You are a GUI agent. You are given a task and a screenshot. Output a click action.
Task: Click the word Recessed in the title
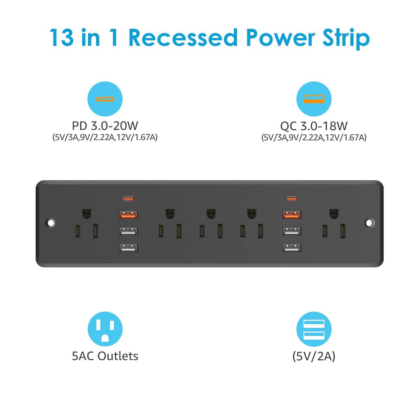click(x=183, y=38)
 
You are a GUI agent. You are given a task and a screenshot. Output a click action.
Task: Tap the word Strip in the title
click(x=346, y=39)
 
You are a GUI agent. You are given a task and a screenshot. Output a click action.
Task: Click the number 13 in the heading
click(x=61, y=38)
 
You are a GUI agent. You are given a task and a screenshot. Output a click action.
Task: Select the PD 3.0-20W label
click(x=105, y=126)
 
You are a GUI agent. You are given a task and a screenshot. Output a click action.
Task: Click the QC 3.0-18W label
click(x=314, y=126)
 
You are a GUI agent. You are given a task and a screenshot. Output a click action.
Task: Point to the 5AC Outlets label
click(x=105, y=356)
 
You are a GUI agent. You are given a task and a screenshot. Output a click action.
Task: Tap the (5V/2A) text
click(x=314, y=356)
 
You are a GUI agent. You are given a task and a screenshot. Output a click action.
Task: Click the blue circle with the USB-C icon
click(x=105, y=99)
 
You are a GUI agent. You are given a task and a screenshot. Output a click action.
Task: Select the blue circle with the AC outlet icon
click(x=105, y=329)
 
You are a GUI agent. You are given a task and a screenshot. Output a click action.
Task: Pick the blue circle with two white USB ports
click(x=314, y=329)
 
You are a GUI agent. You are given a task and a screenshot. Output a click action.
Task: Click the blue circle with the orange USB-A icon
click(x=314, y=99)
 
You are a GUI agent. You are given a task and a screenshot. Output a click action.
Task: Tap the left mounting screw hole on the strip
click(x=50, y=223)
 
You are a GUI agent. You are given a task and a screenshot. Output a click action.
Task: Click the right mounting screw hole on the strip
click(x=369, y=223)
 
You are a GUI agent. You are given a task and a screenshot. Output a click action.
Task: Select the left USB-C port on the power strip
click(x=129, y=199)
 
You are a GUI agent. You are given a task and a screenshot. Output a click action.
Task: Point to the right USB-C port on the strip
click(x=292, y=199)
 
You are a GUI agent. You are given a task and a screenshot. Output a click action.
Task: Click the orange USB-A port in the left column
click(x=128, y=215)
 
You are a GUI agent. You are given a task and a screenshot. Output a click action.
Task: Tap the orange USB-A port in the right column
click(x=292, y=215)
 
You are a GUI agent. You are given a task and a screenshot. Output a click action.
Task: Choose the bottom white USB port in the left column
click(x=128, y=248)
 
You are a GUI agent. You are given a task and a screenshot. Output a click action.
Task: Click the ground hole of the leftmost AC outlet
click(x=87, y=214)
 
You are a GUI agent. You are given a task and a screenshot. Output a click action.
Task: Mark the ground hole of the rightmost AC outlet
click(x=334, y=214)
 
